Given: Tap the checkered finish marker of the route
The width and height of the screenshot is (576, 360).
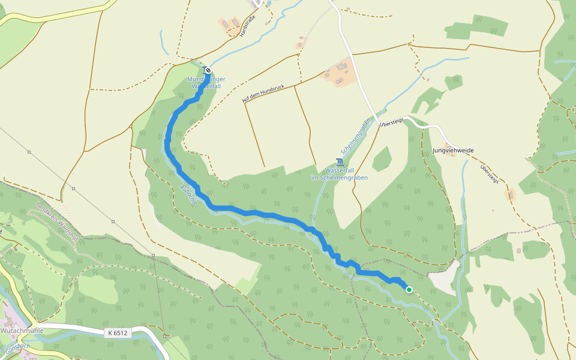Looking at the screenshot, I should pyautogui.click(x=208, y=70).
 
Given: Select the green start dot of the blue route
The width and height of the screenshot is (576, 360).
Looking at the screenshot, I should pyautogui.click(x=409, y=290).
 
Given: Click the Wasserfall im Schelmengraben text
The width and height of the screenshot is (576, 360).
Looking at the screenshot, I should pyautogui.click(x=339, y=174).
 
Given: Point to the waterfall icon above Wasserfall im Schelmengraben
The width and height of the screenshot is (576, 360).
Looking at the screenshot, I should pyautogui.click(x=340, y=162).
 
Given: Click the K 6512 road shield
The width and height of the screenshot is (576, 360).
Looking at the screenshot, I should pyautogui.click(x=118, y=332).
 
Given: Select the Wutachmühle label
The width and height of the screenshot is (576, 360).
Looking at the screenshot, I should pyautogui.click(x=18, y=331).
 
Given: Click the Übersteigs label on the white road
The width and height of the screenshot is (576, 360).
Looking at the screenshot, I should pyautogui.click(x=392, y=122).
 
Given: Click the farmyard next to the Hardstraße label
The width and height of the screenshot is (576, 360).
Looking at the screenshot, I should pyautogui.click(x=228, y=25).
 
